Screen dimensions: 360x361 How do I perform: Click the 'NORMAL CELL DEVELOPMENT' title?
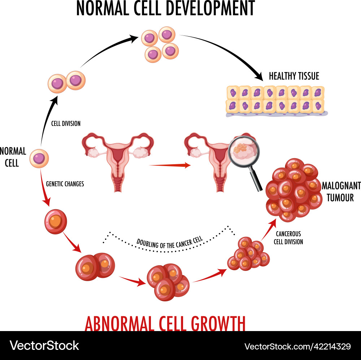coord(165,8)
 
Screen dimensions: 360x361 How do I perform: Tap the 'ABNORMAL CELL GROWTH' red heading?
coord(165,323)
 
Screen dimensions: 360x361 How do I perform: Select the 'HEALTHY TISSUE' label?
coord(294,76)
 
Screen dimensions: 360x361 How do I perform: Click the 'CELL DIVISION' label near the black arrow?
coord(66,124)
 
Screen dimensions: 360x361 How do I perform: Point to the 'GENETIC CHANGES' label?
coord(65,184)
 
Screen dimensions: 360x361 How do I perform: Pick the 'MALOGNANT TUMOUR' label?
coord(341,191)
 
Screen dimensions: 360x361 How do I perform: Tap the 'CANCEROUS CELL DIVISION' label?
coord(288,238)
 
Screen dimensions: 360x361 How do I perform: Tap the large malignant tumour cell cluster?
coord(293,190)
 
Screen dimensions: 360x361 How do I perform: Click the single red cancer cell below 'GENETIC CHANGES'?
coord(56,221)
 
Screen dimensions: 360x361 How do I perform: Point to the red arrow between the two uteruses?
coord(170,165)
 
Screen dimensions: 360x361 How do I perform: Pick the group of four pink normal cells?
coord(160,44)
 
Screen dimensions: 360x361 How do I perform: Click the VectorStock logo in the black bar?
coord(44,345)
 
